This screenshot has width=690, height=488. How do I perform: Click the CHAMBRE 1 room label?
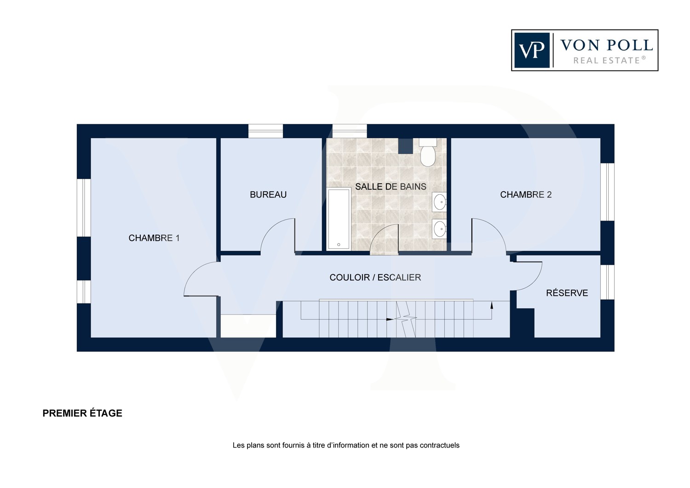click(x=154, y=238)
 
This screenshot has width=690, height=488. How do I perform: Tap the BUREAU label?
click(x=268, y=195)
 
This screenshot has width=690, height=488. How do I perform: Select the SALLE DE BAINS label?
click(x=391, y=186)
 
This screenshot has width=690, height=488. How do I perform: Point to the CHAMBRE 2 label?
click(x=526, y=195)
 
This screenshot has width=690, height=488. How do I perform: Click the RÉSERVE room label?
click(x=567, y=292)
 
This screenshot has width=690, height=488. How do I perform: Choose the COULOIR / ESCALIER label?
click(x=375, y=278)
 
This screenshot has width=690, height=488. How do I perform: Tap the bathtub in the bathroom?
click(x=339, y=219)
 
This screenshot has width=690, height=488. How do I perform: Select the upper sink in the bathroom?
click(x=439, y=202)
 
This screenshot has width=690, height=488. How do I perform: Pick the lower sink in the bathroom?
click(x=439, y=229)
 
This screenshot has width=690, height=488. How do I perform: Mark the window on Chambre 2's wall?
click(x=608, y=192)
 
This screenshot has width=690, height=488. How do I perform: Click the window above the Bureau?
click(x=265, y=131)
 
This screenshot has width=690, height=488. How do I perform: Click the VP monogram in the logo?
click(x=532, y=50)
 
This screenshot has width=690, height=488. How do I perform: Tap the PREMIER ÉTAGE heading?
click(x=82, y=413)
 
